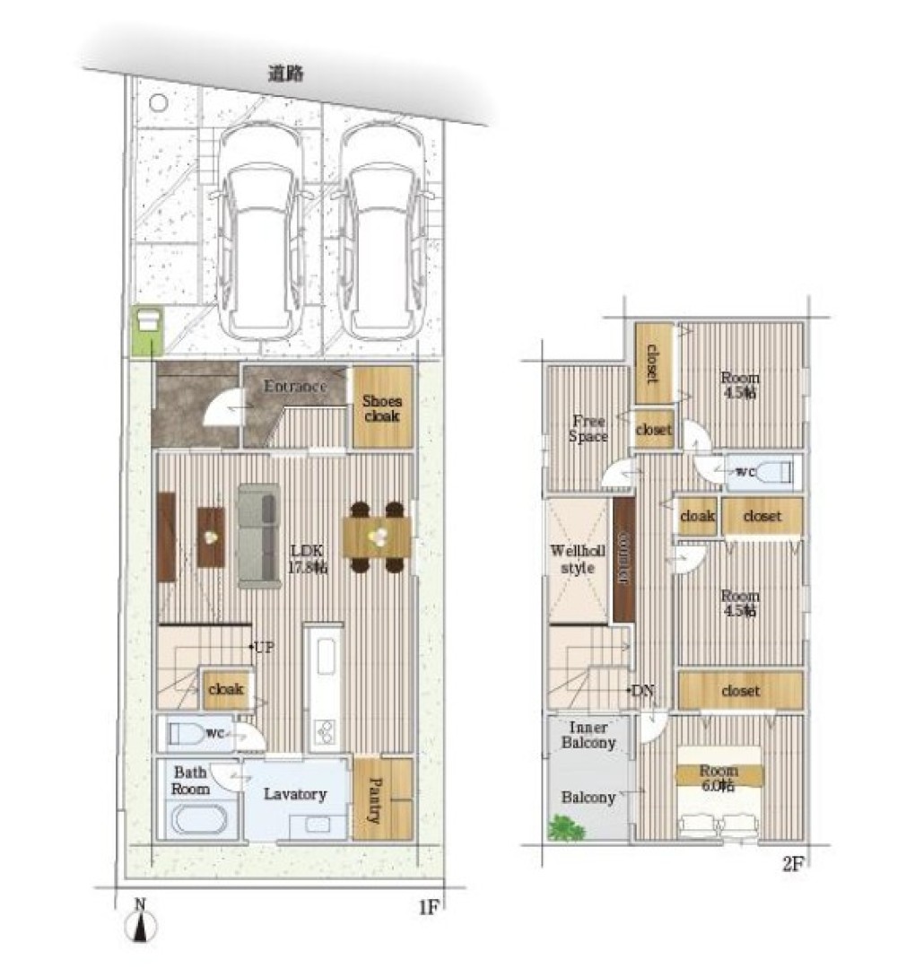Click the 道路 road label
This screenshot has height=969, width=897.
285,74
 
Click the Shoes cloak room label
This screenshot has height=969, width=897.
382,408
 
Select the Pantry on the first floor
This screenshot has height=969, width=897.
382,799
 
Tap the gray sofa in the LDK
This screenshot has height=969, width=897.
258,535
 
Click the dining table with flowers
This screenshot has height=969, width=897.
377,537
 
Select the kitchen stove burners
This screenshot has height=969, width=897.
324,732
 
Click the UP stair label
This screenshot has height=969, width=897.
264,648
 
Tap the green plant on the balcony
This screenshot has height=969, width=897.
567,827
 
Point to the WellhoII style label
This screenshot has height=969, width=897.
578,559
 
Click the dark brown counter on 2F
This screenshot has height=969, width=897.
624,559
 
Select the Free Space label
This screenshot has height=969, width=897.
588,428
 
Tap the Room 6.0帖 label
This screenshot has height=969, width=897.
718,778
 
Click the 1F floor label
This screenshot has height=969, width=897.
429,907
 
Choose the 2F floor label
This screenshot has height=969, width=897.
793,864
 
